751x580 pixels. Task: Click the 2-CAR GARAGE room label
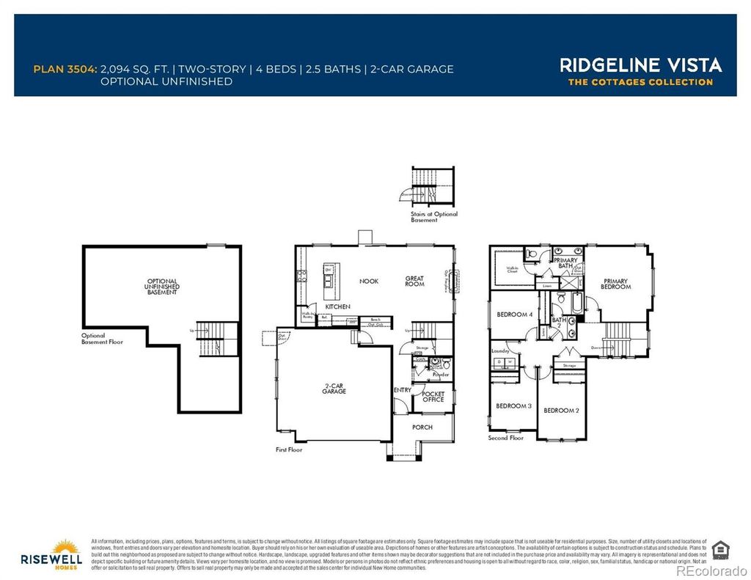pyautogui.click(x=334, y=389)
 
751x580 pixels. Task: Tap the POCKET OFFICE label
pyautogui.click(x=433, y=396)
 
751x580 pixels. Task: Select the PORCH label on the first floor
pyautogui.click(x=422, y=427)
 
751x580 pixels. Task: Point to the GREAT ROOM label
pyautogui.click(x=415, y=281)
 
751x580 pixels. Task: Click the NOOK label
pyautogui.click(x=369, y=281)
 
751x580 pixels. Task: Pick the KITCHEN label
pyautogui.click(x=338, y=306)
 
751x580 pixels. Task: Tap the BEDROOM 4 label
pyautogui.click(x=514, y=315)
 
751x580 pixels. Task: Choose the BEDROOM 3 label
pyautogui.click(x=513, y=405)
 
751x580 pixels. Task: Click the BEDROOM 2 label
pyautogui.click(x=561, y=411)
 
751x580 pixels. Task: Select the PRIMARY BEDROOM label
pyautogui.click(x=616, y=283)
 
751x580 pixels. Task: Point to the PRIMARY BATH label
pyautogui.click(x=565, y=263)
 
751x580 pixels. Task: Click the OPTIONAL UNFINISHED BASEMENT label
pyautogui.click(x=162, y=287)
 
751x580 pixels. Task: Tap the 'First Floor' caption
pyautogui.click(x=289, y=449)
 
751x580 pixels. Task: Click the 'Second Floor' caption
pyautogui.click(x=506, y=438)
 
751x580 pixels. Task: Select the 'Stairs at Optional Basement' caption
pyautogui.click(x=433, y=217)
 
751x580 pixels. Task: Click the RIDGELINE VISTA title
pyautogui.click(x=641, y=65)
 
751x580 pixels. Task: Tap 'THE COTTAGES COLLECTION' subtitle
pyautogui.click(x=640, y=82)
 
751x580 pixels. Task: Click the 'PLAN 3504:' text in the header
pyautogui.click(x=65, y=69)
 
